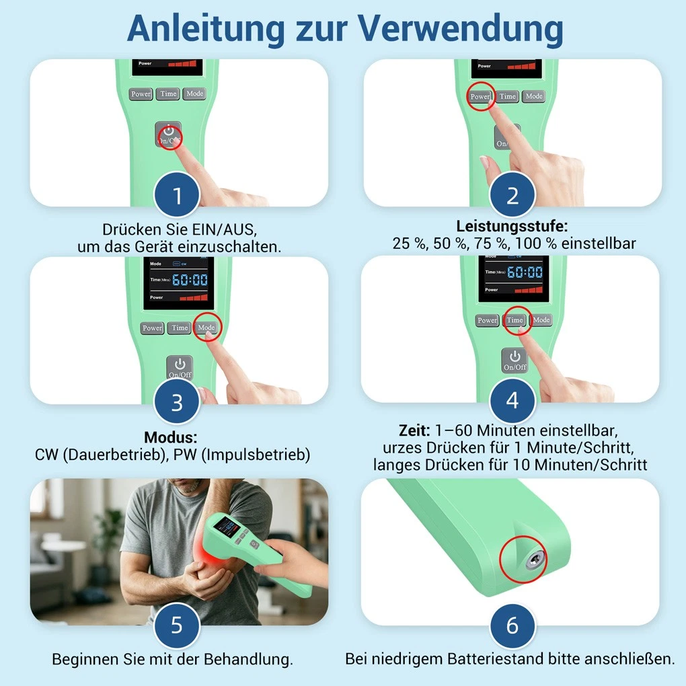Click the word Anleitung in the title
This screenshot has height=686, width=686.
coord(206,29)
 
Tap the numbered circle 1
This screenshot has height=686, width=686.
coord(177,194)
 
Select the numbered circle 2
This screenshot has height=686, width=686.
coord(512,194)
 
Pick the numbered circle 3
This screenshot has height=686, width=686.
coord(177,402)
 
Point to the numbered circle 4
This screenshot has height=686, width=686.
coord(512,400)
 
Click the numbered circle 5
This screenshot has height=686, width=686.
coord(177,625)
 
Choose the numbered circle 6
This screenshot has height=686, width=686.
coord(512,625)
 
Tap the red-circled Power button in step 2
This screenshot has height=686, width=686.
coord(480,96)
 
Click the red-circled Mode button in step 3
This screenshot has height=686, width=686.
coord(206,328)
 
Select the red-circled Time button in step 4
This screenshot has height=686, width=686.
coord(515,320)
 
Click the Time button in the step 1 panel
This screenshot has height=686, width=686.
coord(168,93)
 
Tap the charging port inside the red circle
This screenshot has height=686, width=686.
coord(535,560)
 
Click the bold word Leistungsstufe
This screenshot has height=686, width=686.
coord(512,226)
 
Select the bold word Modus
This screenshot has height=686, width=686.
coord(171,437)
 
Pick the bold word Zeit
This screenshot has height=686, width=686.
coord(414,430)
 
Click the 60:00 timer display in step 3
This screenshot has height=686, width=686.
coord(190,280)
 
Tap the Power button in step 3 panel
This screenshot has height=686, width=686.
coord(152,328)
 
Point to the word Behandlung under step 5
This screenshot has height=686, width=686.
coord(248,659)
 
